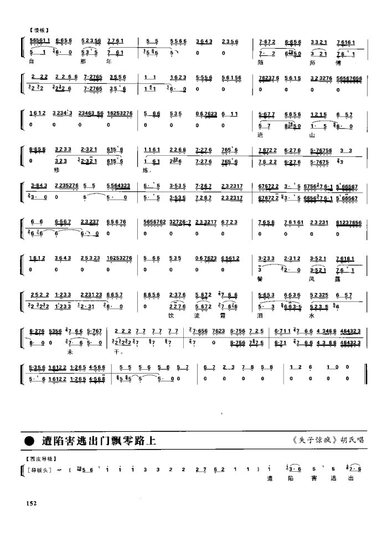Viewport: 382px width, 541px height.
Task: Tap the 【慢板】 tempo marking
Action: click(x=38, y=30)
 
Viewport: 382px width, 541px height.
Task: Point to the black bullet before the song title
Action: click(x=28, y=441)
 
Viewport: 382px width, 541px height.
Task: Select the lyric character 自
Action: click(x=32, y=62)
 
